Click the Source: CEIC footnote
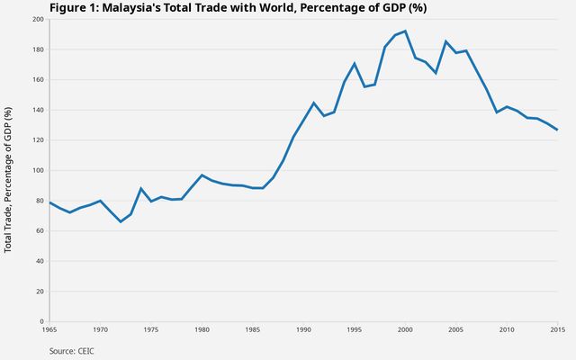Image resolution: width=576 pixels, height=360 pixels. pyautogui.click(x=71, y=350)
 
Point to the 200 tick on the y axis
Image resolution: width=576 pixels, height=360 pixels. pyautogui.click(x=38, y=19)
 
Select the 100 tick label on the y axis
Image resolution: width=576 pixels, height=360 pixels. pyautogui.click(x=38, y=170)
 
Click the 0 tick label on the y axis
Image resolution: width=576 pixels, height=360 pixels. pyautogui.click(x=42, y=321)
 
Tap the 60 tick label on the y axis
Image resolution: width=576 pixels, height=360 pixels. pyautogui.click(x=40, y=231)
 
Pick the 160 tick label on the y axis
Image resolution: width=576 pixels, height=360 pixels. pyautogui.click(x=38, y=80)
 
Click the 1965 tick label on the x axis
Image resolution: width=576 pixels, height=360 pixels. pyautogui.click(x=49, y=330)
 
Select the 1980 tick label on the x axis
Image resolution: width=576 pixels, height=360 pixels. pyautogui.click(x=202, y=330)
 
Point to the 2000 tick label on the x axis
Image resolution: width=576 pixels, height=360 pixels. pyautogui.click(x=405, y=330)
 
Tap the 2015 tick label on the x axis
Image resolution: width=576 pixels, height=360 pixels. pyautogui.click(x=557, y=330)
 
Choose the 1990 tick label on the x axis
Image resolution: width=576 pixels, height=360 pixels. pyautogui.click(x=303, y=330)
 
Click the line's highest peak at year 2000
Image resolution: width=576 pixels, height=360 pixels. pyautogui.click(x=405, y=31)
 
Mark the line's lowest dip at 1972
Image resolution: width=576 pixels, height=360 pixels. pyautogui.click(x=121, y=221)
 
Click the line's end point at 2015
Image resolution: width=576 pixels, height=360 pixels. pyautogui.click(x=557, y=130)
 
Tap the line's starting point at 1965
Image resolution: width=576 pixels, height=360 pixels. pyautogui.click(x=49, y=202)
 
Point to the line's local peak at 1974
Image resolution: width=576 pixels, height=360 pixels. pyautogui.click(x=141, y=188)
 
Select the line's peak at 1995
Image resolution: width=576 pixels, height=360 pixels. pyautogui.click(x=355, y=63)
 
